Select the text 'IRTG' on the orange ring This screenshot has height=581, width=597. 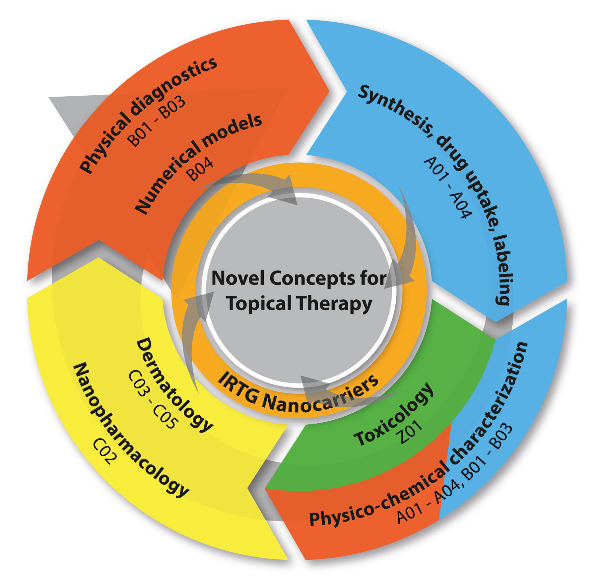pos(237,387)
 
